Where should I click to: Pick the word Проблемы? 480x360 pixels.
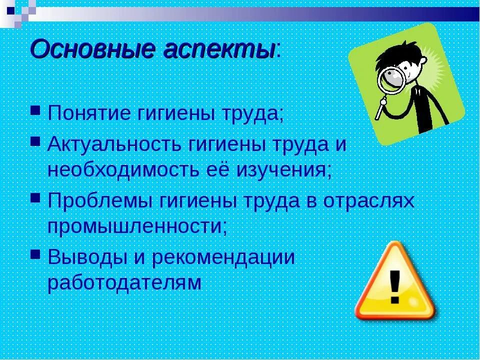[x=100, y=201]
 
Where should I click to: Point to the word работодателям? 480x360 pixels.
[x=124, y=283]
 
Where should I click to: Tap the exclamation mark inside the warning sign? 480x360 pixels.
[x=395, y=286]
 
